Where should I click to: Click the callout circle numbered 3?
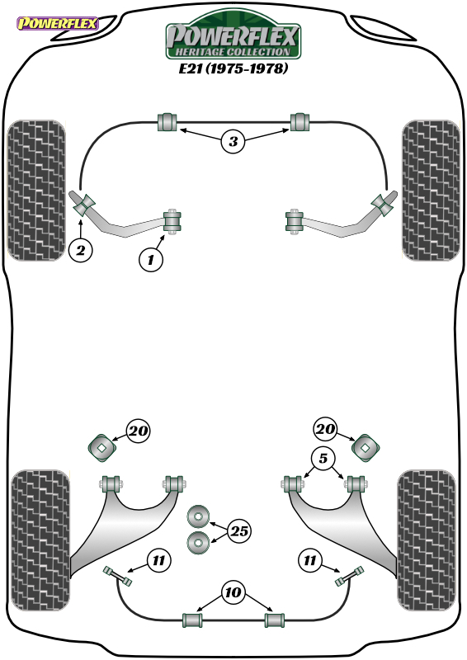tap(233, 141)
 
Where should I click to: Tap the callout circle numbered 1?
tap(151, 259)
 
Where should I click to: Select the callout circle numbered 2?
tap(80, 250)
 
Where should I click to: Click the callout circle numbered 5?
tap(323, 458)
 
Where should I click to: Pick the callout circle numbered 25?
tap(239, 530)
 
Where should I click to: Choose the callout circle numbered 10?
tap(233, 592)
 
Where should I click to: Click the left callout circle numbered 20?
tap(138, 431)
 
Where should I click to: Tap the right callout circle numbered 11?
tap(310, 560)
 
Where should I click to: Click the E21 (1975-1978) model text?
tap(233, 68)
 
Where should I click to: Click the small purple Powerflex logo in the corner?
tap(57, 23)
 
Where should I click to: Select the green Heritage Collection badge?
tap(233, 35)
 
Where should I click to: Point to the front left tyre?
tap(36, 191)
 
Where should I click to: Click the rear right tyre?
tap(427, 540)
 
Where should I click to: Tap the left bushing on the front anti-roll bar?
tap(167, 122)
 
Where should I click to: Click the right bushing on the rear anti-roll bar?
tap(275, 620)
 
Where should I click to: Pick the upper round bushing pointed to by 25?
tap(198, 516)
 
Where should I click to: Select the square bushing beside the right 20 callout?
tap(366, 448)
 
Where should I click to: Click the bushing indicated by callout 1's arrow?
tap(172, 220)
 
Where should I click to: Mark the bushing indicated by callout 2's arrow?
tap(85, 205)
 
